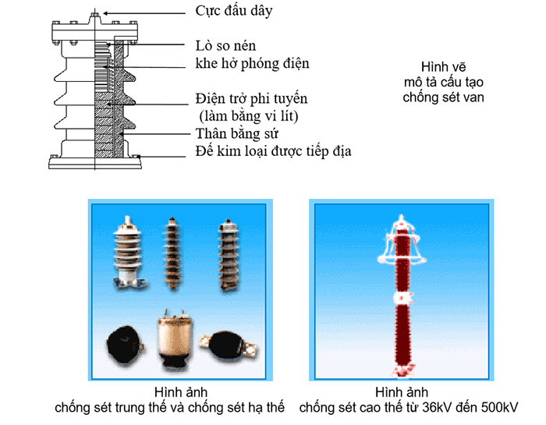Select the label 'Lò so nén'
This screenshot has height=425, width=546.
tap(227, 45)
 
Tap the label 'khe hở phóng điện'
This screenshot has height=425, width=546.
tap(252, 63)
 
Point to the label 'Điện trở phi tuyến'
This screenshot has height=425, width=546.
tap(251, 100)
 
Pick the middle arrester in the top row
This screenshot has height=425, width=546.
tap(174, 250)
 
